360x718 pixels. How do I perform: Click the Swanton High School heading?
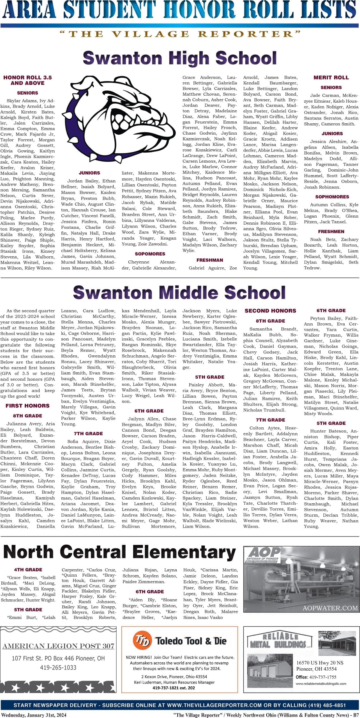180,58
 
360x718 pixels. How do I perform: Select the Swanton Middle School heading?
179,292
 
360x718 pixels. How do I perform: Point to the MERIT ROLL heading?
331,78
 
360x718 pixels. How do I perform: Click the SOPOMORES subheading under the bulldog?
150,254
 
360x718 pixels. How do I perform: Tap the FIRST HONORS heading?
27,406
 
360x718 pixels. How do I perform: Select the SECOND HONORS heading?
270,311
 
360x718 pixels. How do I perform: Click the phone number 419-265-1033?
58,668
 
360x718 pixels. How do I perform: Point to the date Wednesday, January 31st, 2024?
34,713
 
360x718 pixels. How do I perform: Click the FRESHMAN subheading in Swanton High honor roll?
210,260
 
